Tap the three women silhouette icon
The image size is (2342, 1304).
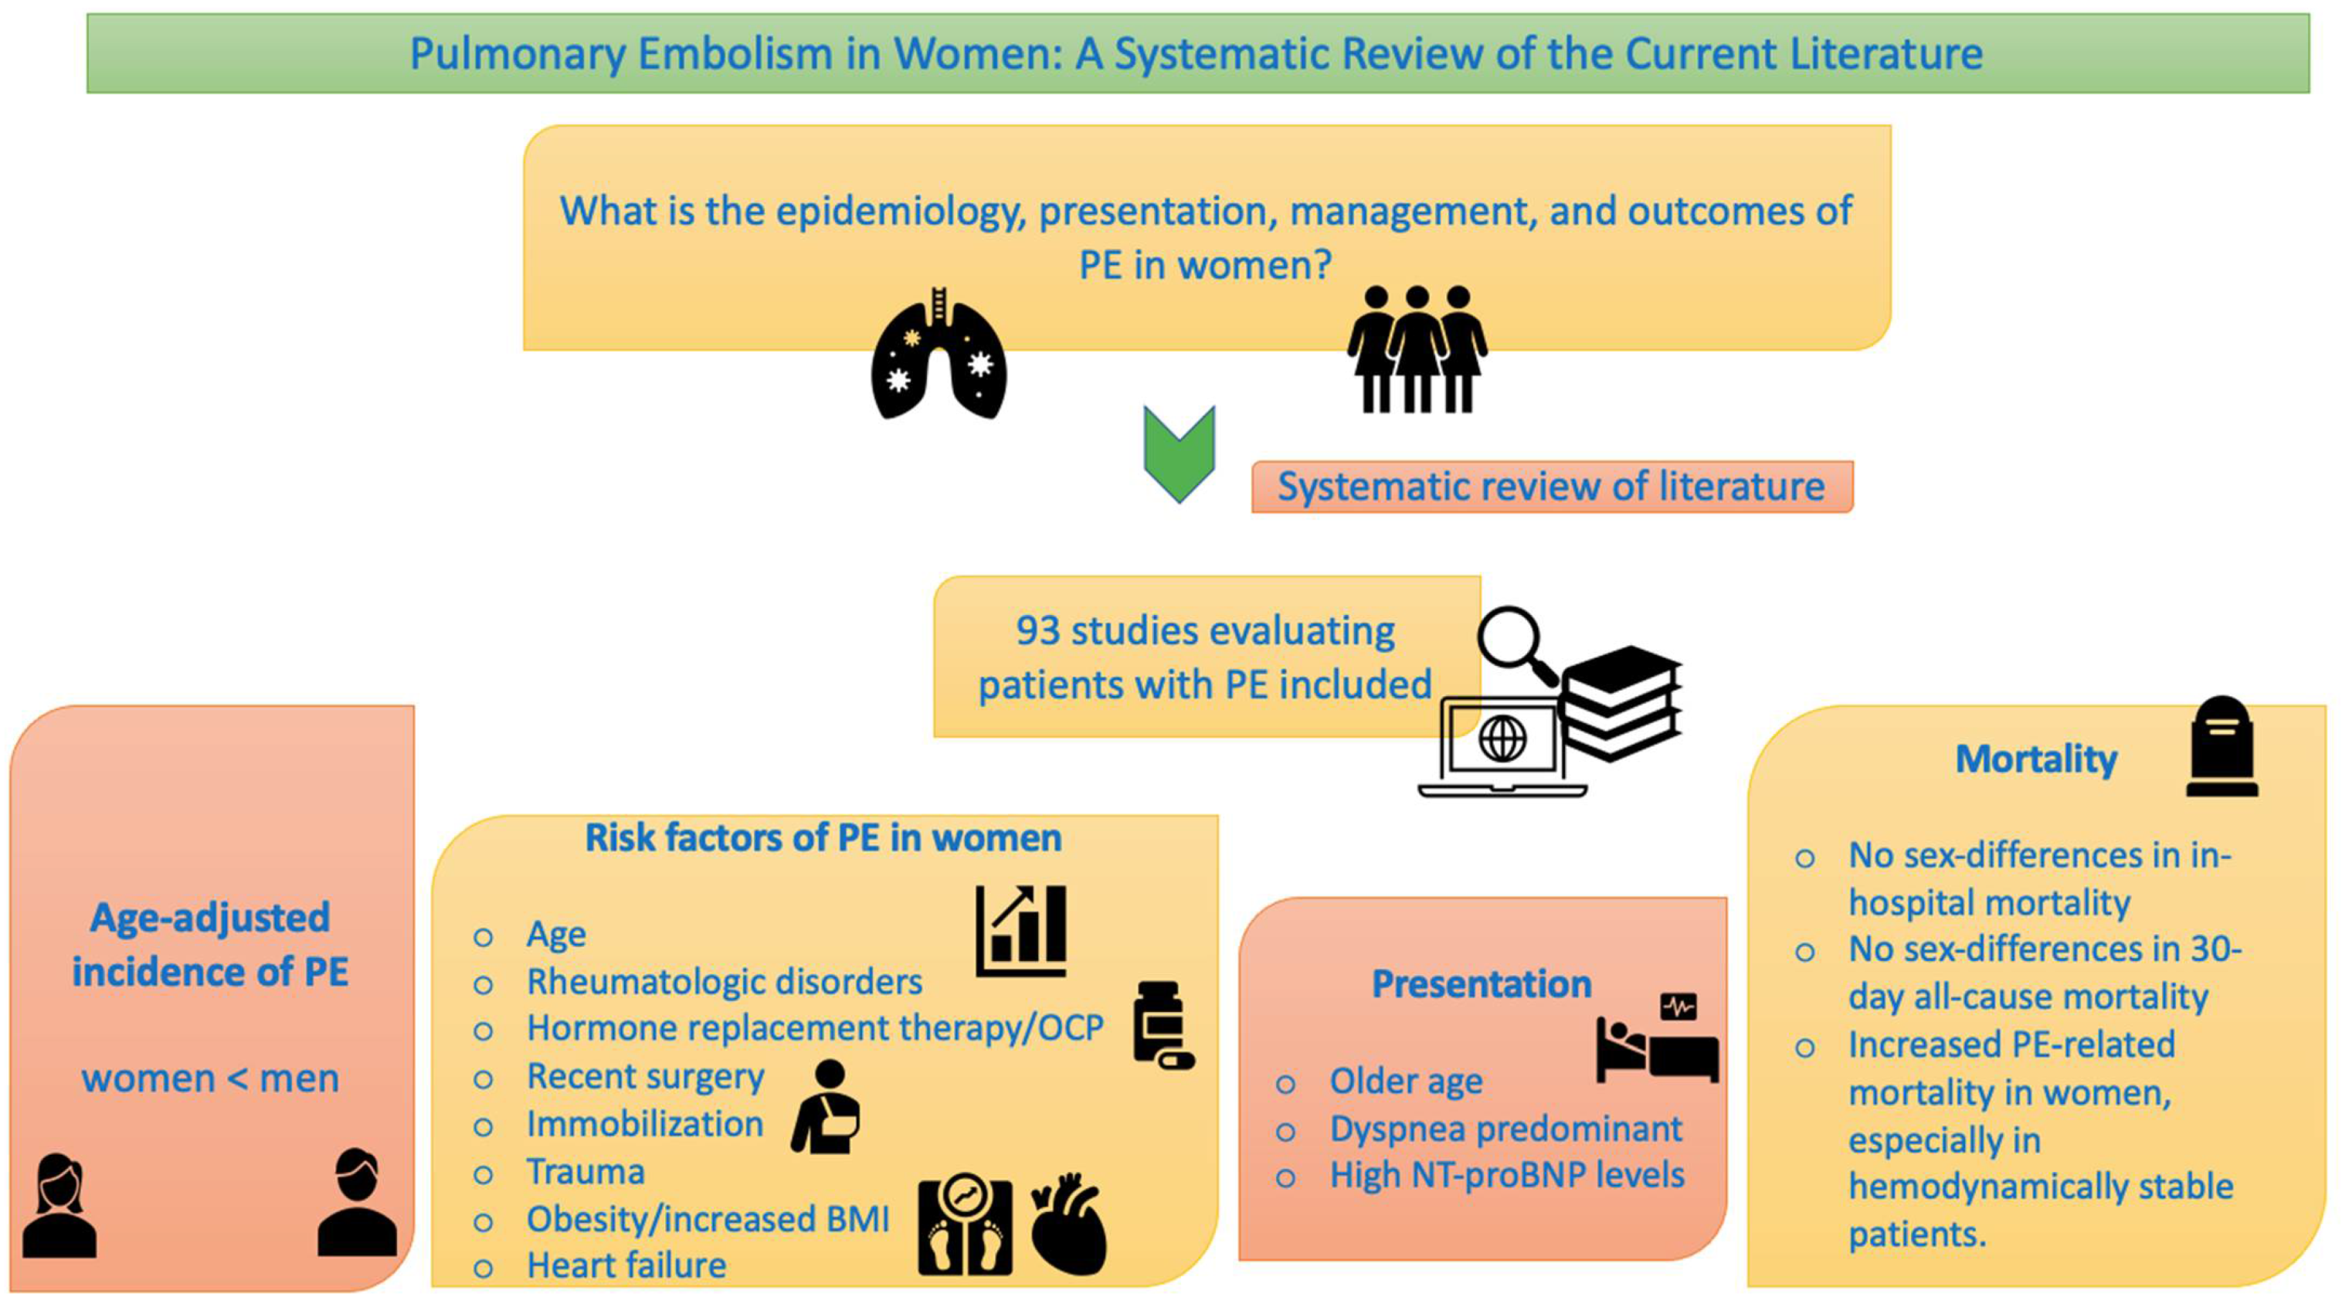point(1417,349)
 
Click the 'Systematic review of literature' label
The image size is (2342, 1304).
point(1551,487)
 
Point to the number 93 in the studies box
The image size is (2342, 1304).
point(1037,630)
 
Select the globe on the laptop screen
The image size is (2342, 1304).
point(1502,739)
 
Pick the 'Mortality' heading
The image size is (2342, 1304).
point(2035,759)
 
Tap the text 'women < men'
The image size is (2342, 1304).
point(210,1078)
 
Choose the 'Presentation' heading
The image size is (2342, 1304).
point(1481,984)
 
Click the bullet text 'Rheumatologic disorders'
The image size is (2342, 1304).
point(725,982)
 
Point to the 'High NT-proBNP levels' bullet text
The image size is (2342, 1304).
point(1506,1175)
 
